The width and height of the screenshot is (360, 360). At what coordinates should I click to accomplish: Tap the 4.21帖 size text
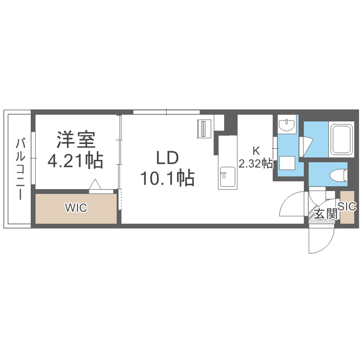point(75,160)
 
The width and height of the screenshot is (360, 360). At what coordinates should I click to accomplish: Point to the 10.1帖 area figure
point(167,179)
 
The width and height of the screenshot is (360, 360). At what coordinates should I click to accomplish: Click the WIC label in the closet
point(76,208)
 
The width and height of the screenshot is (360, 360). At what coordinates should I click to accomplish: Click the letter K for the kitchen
point(256,150)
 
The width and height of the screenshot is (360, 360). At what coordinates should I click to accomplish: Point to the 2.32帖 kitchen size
point(256,164)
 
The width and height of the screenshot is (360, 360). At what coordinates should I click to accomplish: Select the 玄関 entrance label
point(325,214)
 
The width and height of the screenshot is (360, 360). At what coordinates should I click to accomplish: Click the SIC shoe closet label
point(347,206)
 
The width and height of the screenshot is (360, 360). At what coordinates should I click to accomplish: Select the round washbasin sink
point(287,126)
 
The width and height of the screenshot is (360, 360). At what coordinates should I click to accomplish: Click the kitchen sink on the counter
point(227,177)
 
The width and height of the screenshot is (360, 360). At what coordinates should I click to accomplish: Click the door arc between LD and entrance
point(291,204)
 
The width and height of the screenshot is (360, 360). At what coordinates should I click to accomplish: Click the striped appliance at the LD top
point(204,129)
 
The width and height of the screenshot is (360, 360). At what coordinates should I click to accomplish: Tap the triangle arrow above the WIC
point(95,184)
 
